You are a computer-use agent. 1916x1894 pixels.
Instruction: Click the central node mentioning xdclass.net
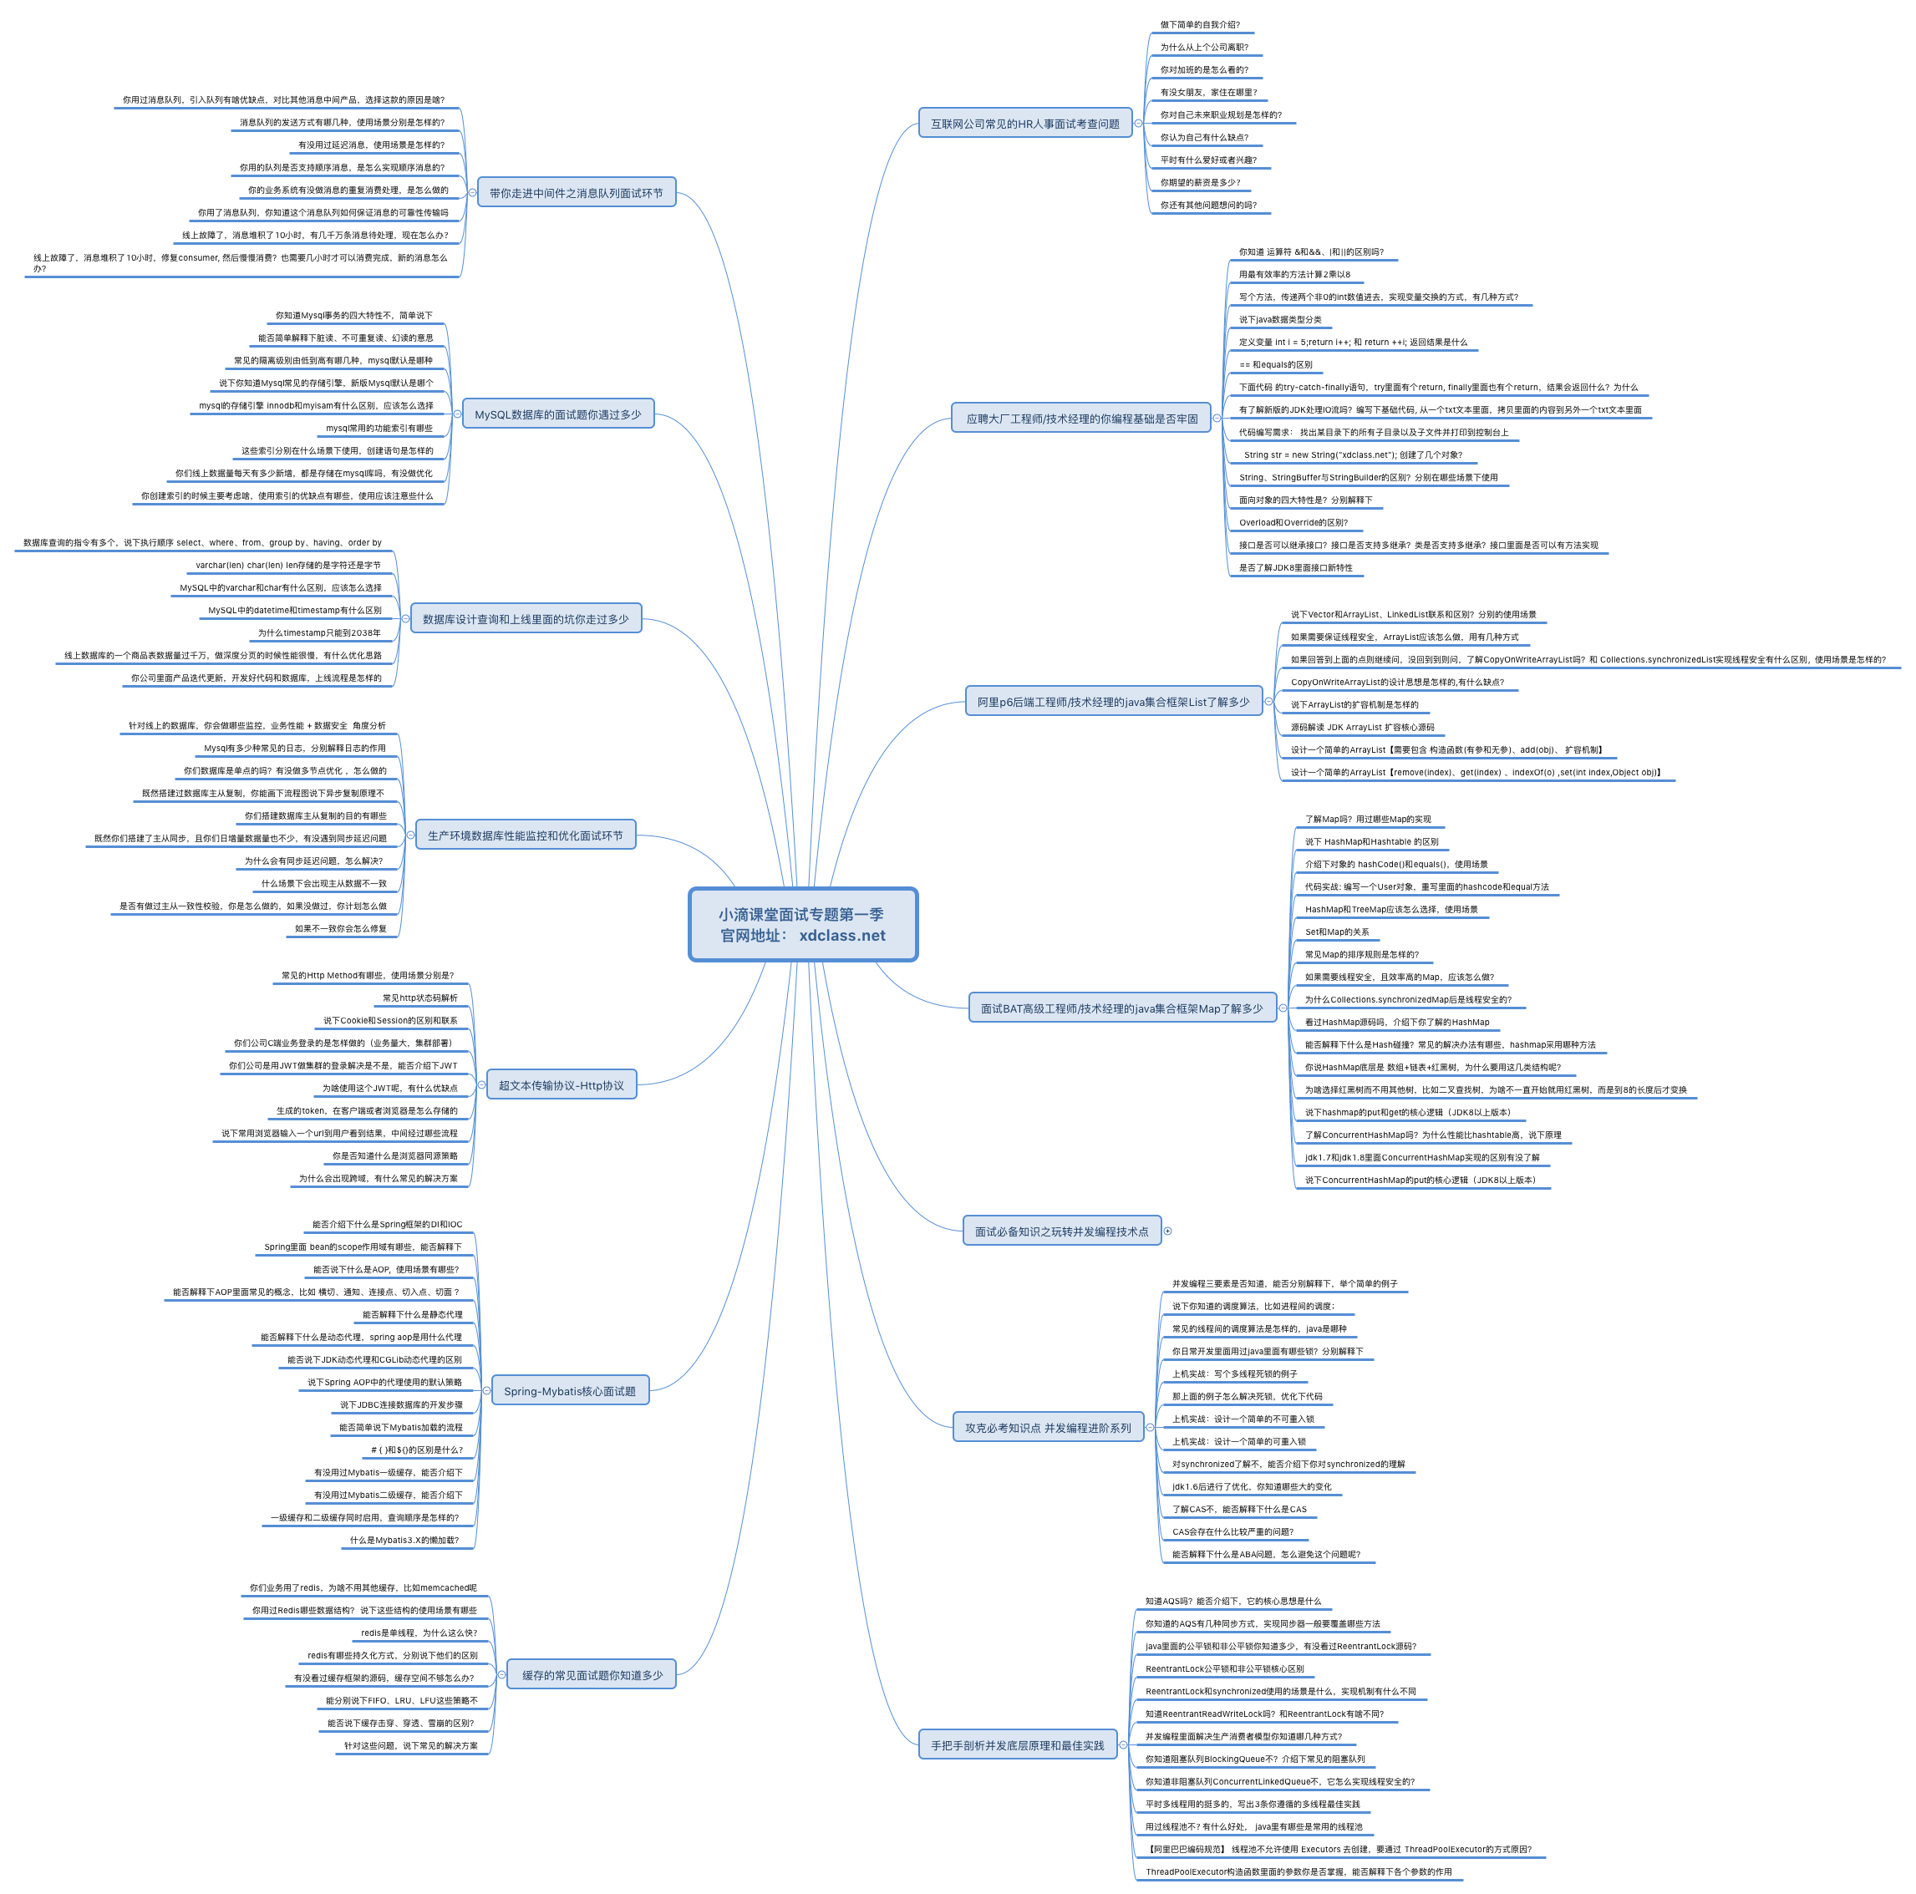point(802,924)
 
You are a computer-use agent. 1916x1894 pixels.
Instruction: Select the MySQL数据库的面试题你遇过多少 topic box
point(557,414)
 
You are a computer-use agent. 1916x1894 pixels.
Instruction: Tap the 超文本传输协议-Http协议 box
point(562,1084)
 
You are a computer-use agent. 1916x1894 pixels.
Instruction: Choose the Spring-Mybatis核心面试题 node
point(569,1390)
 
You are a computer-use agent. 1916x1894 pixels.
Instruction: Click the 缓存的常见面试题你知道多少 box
point(592,1675)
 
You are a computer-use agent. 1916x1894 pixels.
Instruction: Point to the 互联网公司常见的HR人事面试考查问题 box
point(1024,124)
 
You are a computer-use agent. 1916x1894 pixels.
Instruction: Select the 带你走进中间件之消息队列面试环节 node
point(577,193)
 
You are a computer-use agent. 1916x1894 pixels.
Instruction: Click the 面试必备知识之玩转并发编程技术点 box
point(1061,1231)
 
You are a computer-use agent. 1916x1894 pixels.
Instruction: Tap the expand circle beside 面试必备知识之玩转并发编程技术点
point(1167,1231)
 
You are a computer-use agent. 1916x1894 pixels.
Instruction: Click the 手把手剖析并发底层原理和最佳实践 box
point(1017,1745)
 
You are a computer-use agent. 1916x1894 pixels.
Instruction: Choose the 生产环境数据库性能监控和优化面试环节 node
point(526,835)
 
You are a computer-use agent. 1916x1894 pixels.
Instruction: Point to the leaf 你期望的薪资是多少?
point(1200,182)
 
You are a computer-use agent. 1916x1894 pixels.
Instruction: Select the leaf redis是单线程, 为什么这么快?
point(419,1632)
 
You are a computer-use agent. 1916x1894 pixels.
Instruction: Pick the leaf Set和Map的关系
point(1336,932)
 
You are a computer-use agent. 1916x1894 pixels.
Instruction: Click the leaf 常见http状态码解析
point(419,998)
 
